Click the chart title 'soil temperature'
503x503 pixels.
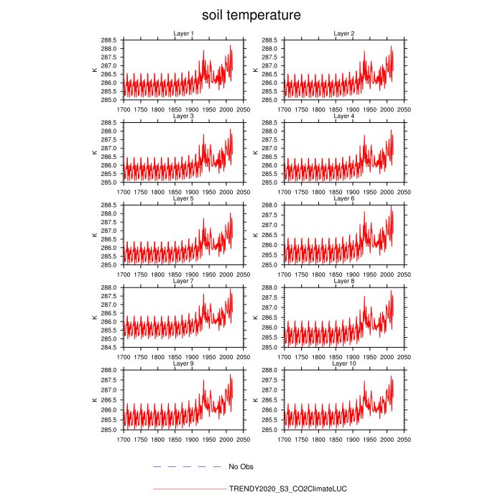point(251,14)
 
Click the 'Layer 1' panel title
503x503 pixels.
point(183,33)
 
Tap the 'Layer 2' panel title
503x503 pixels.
point(344,33)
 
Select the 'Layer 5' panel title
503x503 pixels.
point(183,198)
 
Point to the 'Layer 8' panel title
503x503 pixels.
point(344,281)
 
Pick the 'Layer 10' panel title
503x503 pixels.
point(344,364)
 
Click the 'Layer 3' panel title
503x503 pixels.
point(183,116)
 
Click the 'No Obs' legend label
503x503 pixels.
point(241,467)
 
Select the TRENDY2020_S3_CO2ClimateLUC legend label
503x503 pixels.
point(287,489)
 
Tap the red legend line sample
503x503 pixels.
point(190,489)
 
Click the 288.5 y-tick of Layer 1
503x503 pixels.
point(109,40)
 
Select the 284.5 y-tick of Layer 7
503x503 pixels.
point(109,348)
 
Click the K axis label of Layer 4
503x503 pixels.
point(256,152)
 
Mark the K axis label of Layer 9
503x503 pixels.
point(94,400)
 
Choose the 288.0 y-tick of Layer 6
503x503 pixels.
point(271,206)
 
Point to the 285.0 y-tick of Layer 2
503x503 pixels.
point(271,100)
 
